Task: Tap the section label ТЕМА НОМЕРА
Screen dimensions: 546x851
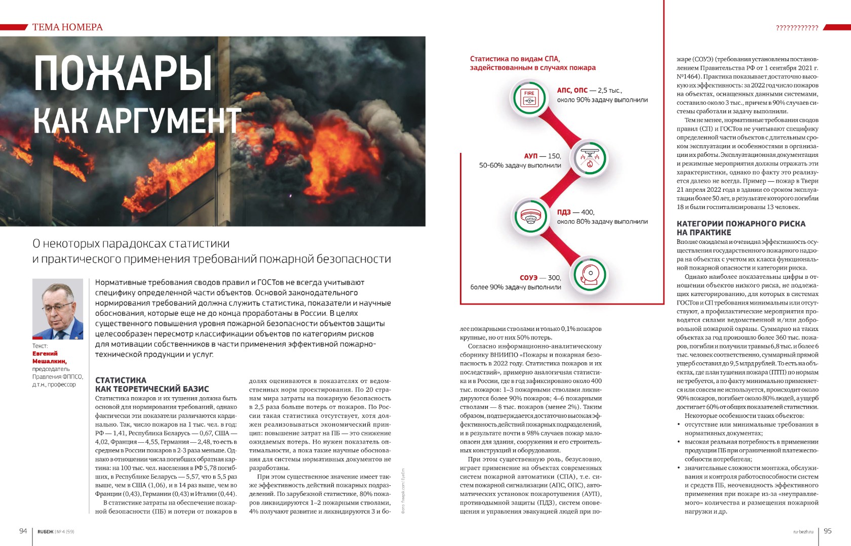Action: click(x=67, y=27)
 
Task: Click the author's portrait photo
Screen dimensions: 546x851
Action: click(x=58, y=309)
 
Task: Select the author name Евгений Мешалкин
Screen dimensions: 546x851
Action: click(x=49, y=357)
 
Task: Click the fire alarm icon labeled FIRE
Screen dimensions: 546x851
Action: click(x=529, y=97)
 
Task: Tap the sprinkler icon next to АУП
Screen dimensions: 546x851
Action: click(x=588, y=158)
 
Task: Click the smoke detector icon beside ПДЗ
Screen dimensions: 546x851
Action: click(x=530, y=216)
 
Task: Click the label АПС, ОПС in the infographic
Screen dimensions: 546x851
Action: click(x=572, y=90)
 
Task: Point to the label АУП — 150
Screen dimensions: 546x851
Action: click(x=543, y=156)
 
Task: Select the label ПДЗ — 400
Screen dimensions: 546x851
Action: click(x=575, y=212)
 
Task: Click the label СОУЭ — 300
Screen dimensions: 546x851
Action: click(x=540, y=278)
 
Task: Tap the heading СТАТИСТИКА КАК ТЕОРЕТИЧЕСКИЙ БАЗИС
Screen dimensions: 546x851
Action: click(x=152, y=385)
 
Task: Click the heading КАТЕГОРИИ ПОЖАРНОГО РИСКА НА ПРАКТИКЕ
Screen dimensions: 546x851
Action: click(x=741, y=228)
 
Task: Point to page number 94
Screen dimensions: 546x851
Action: click(x=23, y=531)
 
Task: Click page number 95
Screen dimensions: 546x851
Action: click(x=828, y=531)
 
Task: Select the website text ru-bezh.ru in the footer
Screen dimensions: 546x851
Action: click(x=803, y=532)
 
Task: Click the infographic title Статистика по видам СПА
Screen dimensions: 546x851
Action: click(x=532, y=63)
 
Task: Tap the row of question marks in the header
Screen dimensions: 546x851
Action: click(x=797, y=28)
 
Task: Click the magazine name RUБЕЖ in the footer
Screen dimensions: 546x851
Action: click(x=45, y=532)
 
